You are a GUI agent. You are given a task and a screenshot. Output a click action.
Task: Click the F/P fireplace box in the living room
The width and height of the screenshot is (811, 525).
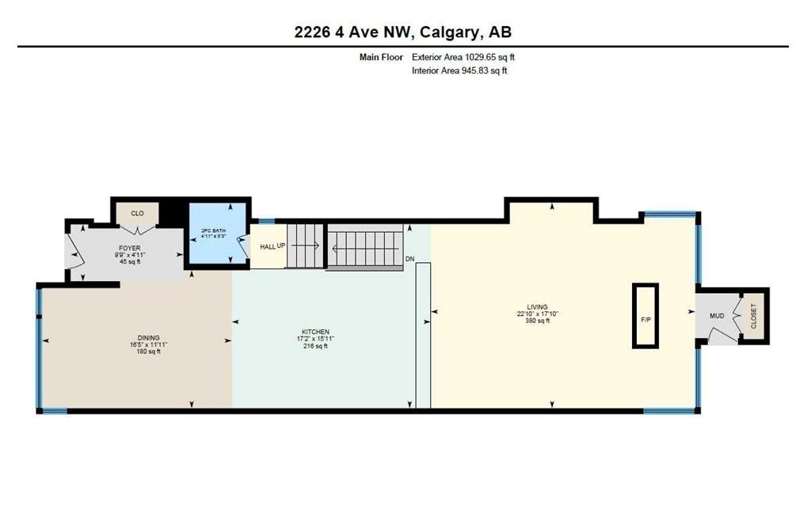pyautogui.click(x=645, y=315)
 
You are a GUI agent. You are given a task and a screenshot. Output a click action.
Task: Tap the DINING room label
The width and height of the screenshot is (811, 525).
pyautogui.click(x=148, y=338)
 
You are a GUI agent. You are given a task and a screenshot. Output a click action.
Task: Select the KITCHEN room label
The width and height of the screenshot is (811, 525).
pyautogui.click(x=315, y=332)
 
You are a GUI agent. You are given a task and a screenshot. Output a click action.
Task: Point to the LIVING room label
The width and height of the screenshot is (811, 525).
pyautogui.click(x=538, y=306)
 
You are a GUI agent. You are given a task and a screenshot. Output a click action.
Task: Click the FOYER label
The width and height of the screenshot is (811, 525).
pyautogui.click(x=129, y=249)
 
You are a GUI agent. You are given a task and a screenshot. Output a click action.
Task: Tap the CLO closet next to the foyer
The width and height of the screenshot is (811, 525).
pyautogui.click(x=137, y=214)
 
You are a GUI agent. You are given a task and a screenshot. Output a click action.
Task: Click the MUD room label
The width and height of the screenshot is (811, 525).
pyautogui.click(x=716, y=315)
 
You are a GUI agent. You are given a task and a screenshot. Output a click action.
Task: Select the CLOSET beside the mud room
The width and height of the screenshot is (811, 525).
pyautogui.click(x=753, y=315)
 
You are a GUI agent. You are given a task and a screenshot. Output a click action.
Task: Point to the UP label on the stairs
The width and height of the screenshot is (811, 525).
pyautogui.click(x=281, y=245)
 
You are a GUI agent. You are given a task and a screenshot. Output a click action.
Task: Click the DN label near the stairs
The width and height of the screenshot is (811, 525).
pyautogui.click(x=409, y=259)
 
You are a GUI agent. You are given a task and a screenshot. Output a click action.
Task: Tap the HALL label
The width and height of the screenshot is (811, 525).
pyautogui.click(x=268, y=247)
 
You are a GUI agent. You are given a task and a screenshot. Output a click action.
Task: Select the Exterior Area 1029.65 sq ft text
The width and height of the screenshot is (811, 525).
pyautogui.click(x=463, y=58)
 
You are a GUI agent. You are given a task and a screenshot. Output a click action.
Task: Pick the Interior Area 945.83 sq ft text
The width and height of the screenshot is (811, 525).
pyautogui.click(x=459, y=70)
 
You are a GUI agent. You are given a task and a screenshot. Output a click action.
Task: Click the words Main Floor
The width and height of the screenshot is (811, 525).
pyautogui.click(x=381, y=58)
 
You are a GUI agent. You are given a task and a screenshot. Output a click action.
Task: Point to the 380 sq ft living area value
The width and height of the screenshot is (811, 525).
pyautogui.click(x=538, y=321)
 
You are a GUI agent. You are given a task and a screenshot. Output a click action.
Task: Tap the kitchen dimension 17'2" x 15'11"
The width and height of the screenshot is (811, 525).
pyautogui.click(x=315, y=339)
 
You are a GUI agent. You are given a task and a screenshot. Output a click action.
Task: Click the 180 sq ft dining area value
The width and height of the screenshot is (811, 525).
pyautogui.click(x=148, y=352)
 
